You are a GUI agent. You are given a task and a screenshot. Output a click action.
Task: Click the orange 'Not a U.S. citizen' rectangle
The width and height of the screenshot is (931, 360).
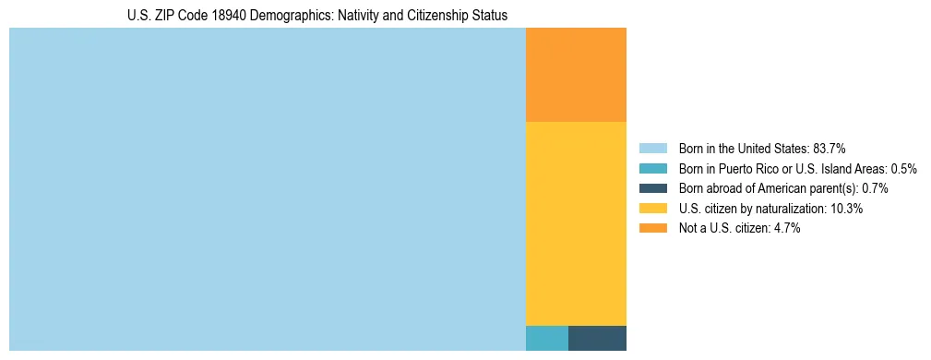(576, 75)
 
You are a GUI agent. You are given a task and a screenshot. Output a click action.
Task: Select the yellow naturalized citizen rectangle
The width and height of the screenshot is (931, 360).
(576, 223)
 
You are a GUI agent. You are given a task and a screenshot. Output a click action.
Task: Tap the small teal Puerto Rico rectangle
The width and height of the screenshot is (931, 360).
(546, 338)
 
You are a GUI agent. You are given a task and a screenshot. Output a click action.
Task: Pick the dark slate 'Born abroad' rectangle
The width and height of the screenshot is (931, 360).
(597, 338)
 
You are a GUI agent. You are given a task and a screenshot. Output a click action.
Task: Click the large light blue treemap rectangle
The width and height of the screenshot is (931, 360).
(267, 189)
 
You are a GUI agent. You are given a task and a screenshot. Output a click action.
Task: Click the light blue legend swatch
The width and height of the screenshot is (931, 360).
(652, 148)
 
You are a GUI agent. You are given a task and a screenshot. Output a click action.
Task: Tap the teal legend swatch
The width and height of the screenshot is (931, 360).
(652, 168)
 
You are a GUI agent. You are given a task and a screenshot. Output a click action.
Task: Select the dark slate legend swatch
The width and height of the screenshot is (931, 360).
(652, 188)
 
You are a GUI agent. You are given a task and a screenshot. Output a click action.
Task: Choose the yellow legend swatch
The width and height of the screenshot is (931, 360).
(652, 209)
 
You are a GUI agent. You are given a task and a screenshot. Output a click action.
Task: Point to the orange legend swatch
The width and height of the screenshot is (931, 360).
(652, 229)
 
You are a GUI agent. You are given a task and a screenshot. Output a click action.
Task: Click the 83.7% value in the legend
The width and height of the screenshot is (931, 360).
(829, 148)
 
